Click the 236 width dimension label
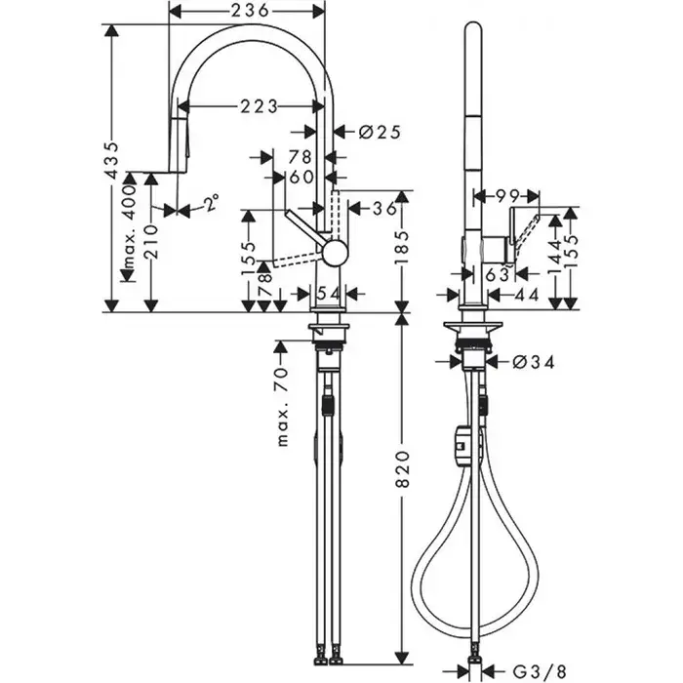250,11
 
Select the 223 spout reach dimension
260,106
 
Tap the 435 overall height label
112,160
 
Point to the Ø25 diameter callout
380,132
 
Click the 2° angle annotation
212,203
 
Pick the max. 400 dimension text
129,226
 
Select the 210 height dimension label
151,241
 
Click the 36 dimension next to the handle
384,209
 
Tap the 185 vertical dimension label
403,247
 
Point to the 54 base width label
328,294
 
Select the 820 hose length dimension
403,469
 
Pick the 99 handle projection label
508,196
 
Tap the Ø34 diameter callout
533,362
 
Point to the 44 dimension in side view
527,295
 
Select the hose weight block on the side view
462,447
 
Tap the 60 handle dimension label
301,177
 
